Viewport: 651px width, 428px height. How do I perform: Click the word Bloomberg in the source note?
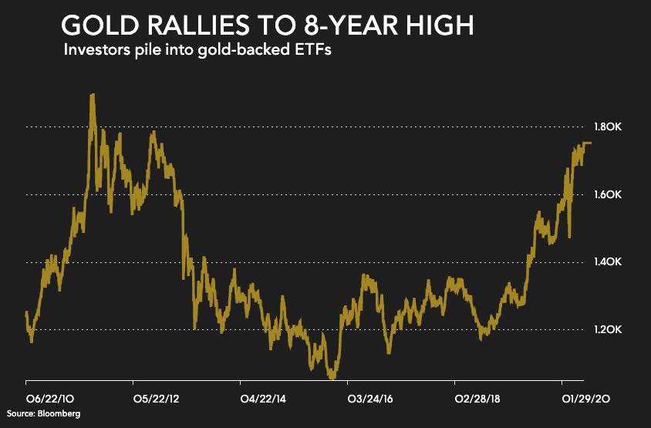tap(61, 414)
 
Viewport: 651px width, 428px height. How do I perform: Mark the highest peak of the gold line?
tap(93, 96)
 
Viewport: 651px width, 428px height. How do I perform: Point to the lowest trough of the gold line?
tap(332, 378)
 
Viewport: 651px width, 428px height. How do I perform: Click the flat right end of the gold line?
tap(586, 143)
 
